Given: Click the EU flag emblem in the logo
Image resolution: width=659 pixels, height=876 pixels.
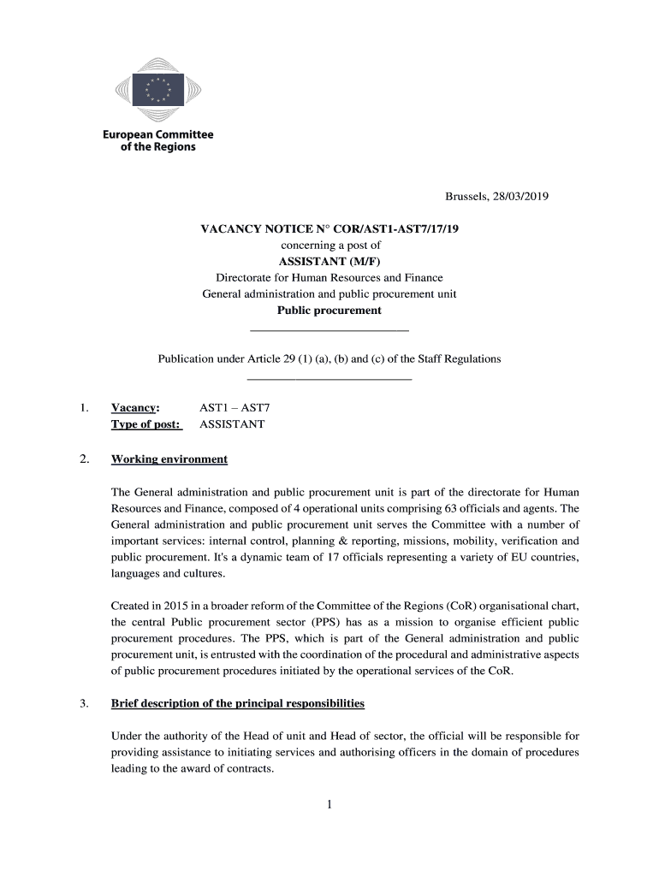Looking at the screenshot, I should click(157, 88).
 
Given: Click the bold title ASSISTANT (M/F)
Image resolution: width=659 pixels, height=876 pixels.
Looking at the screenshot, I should click(329, 262).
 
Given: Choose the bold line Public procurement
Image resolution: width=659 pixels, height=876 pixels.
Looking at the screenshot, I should click(329, 311).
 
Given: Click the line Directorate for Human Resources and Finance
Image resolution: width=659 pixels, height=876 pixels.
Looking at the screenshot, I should click(329, 278).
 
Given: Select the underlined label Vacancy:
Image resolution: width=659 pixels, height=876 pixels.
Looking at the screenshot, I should click(135, 408).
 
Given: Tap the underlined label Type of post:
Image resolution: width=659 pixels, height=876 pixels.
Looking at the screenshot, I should click(145, 424).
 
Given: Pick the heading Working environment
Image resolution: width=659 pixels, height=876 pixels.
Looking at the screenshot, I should click(169, 459).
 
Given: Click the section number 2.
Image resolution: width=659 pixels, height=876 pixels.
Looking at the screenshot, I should click(84, 459).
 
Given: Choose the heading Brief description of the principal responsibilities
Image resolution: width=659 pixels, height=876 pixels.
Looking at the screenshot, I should click(238, 703).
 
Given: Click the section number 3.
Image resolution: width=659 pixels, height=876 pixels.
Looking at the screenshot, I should click(84, 703).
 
